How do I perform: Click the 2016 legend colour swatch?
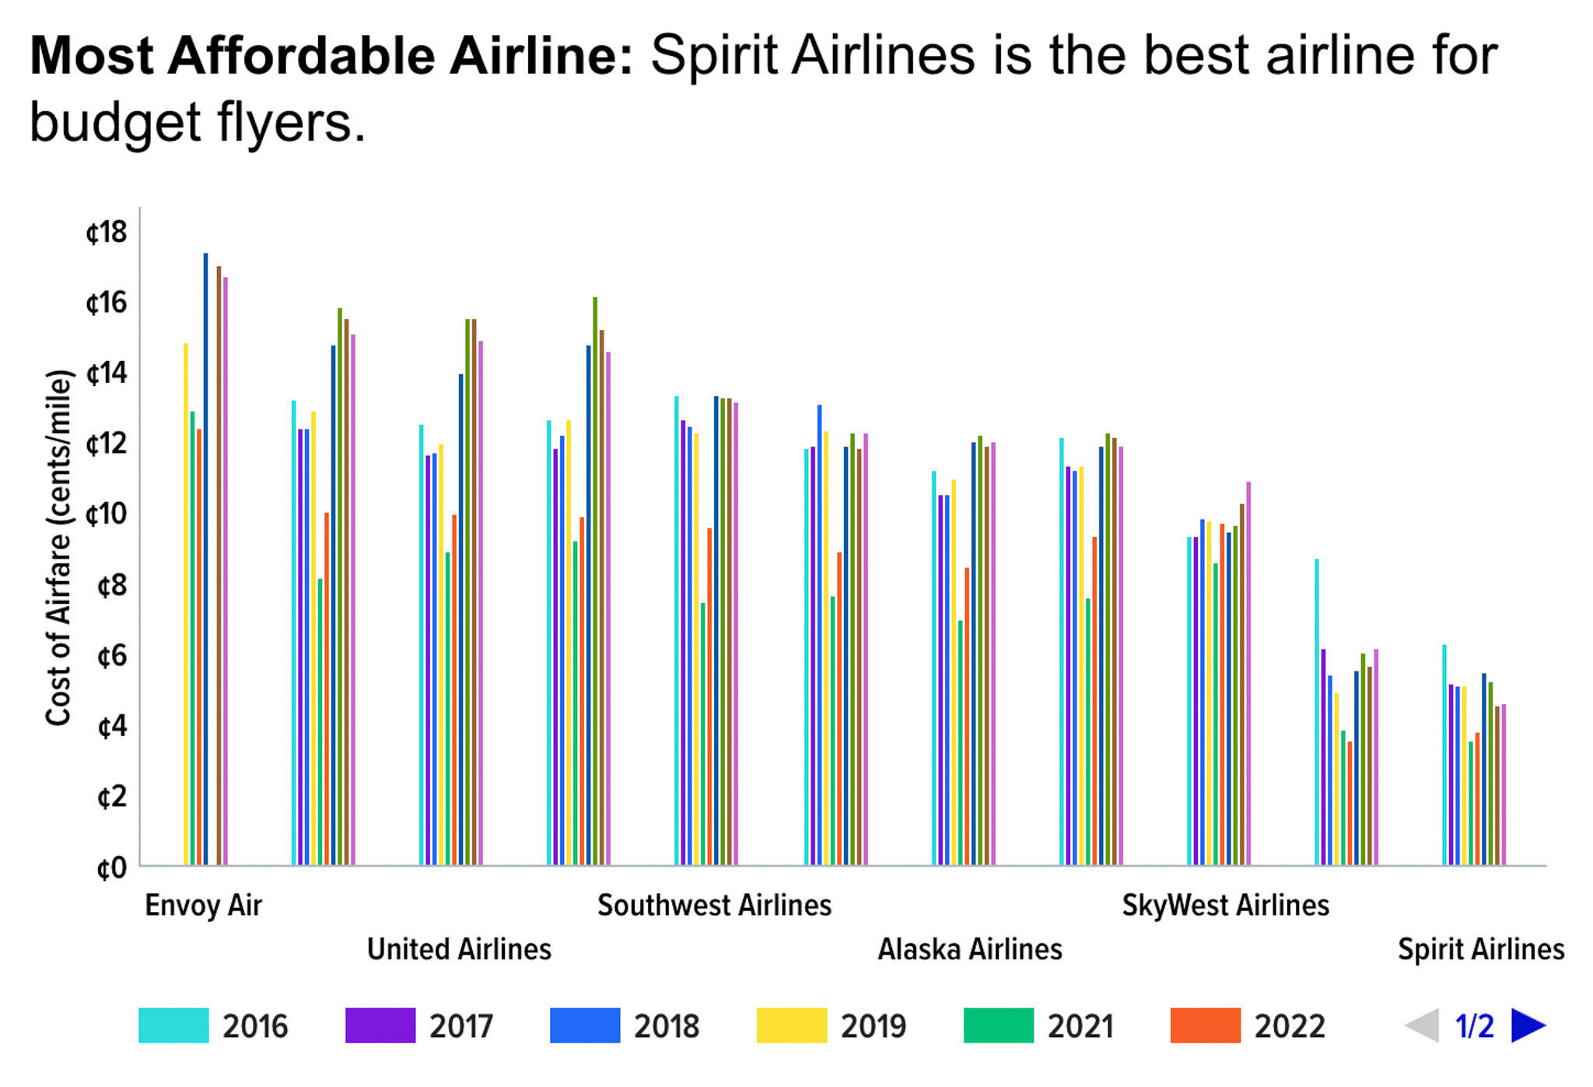(x=173, y=1025)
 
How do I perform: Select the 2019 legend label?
(x=873, y=1026)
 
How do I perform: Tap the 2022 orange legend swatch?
(x=1205, y=1025)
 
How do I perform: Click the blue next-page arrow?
(x=1528, y=1025)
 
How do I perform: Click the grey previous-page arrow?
(x=1422, y=1025)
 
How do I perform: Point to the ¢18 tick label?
(x=107, y=232)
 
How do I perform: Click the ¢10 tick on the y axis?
(x=107, y=514)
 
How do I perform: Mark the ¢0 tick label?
(x=112, y=868)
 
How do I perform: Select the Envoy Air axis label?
(x=203, y=905)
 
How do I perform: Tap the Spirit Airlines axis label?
(x=1480, y=949)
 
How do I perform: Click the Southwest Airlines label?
(x=714, y=905)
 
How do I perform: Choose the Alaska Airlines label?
(x=969, y=949)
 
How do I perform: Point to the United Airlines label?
(x=459, y=949)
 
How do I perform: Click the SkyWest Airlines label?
(x=1225, y=905)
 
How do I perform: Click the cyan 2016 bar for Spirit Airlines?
(x=1444, y=754)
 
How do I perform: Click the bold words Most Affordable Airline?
(x=331, y=56)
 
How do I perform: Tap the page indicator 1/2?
(x=1474, y=1026)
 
